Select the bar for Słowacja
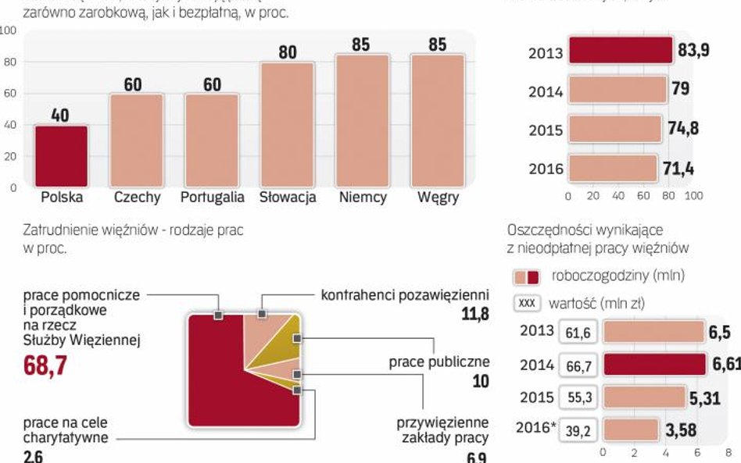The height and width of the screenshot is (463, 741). click(287, 124)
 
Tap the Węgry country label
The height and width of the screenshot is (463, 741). click(438, 198)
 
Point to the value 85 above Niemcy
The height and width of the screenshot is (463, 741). click(360, 45)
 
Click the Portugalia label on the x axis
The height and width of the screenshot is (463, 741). click(212, 198)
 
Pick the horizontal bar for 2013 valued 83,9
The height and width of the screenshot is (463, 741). click(620, 51)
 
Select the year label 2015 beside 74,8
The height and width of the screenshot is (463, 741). click(546, 130)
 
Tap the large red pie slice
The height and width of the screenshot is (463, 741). click(227, 383)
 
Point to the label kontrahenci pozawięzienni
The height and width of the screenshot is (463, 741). click(405, 296)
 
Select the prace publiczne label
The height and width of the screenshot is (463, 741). click(439, 362)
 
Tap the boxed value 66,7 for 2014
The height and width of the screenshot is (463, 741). click(578, 365)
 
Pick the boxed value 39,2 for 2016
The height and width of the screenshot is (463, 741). click(578, 429)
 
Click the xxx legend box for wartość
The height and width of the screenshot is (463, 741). click(526, 304)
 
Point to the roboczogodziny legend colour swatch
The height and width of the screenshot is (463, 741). click(526, 277)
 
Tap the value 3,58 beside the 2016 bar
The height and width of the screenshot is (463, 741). click(679, 430)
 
